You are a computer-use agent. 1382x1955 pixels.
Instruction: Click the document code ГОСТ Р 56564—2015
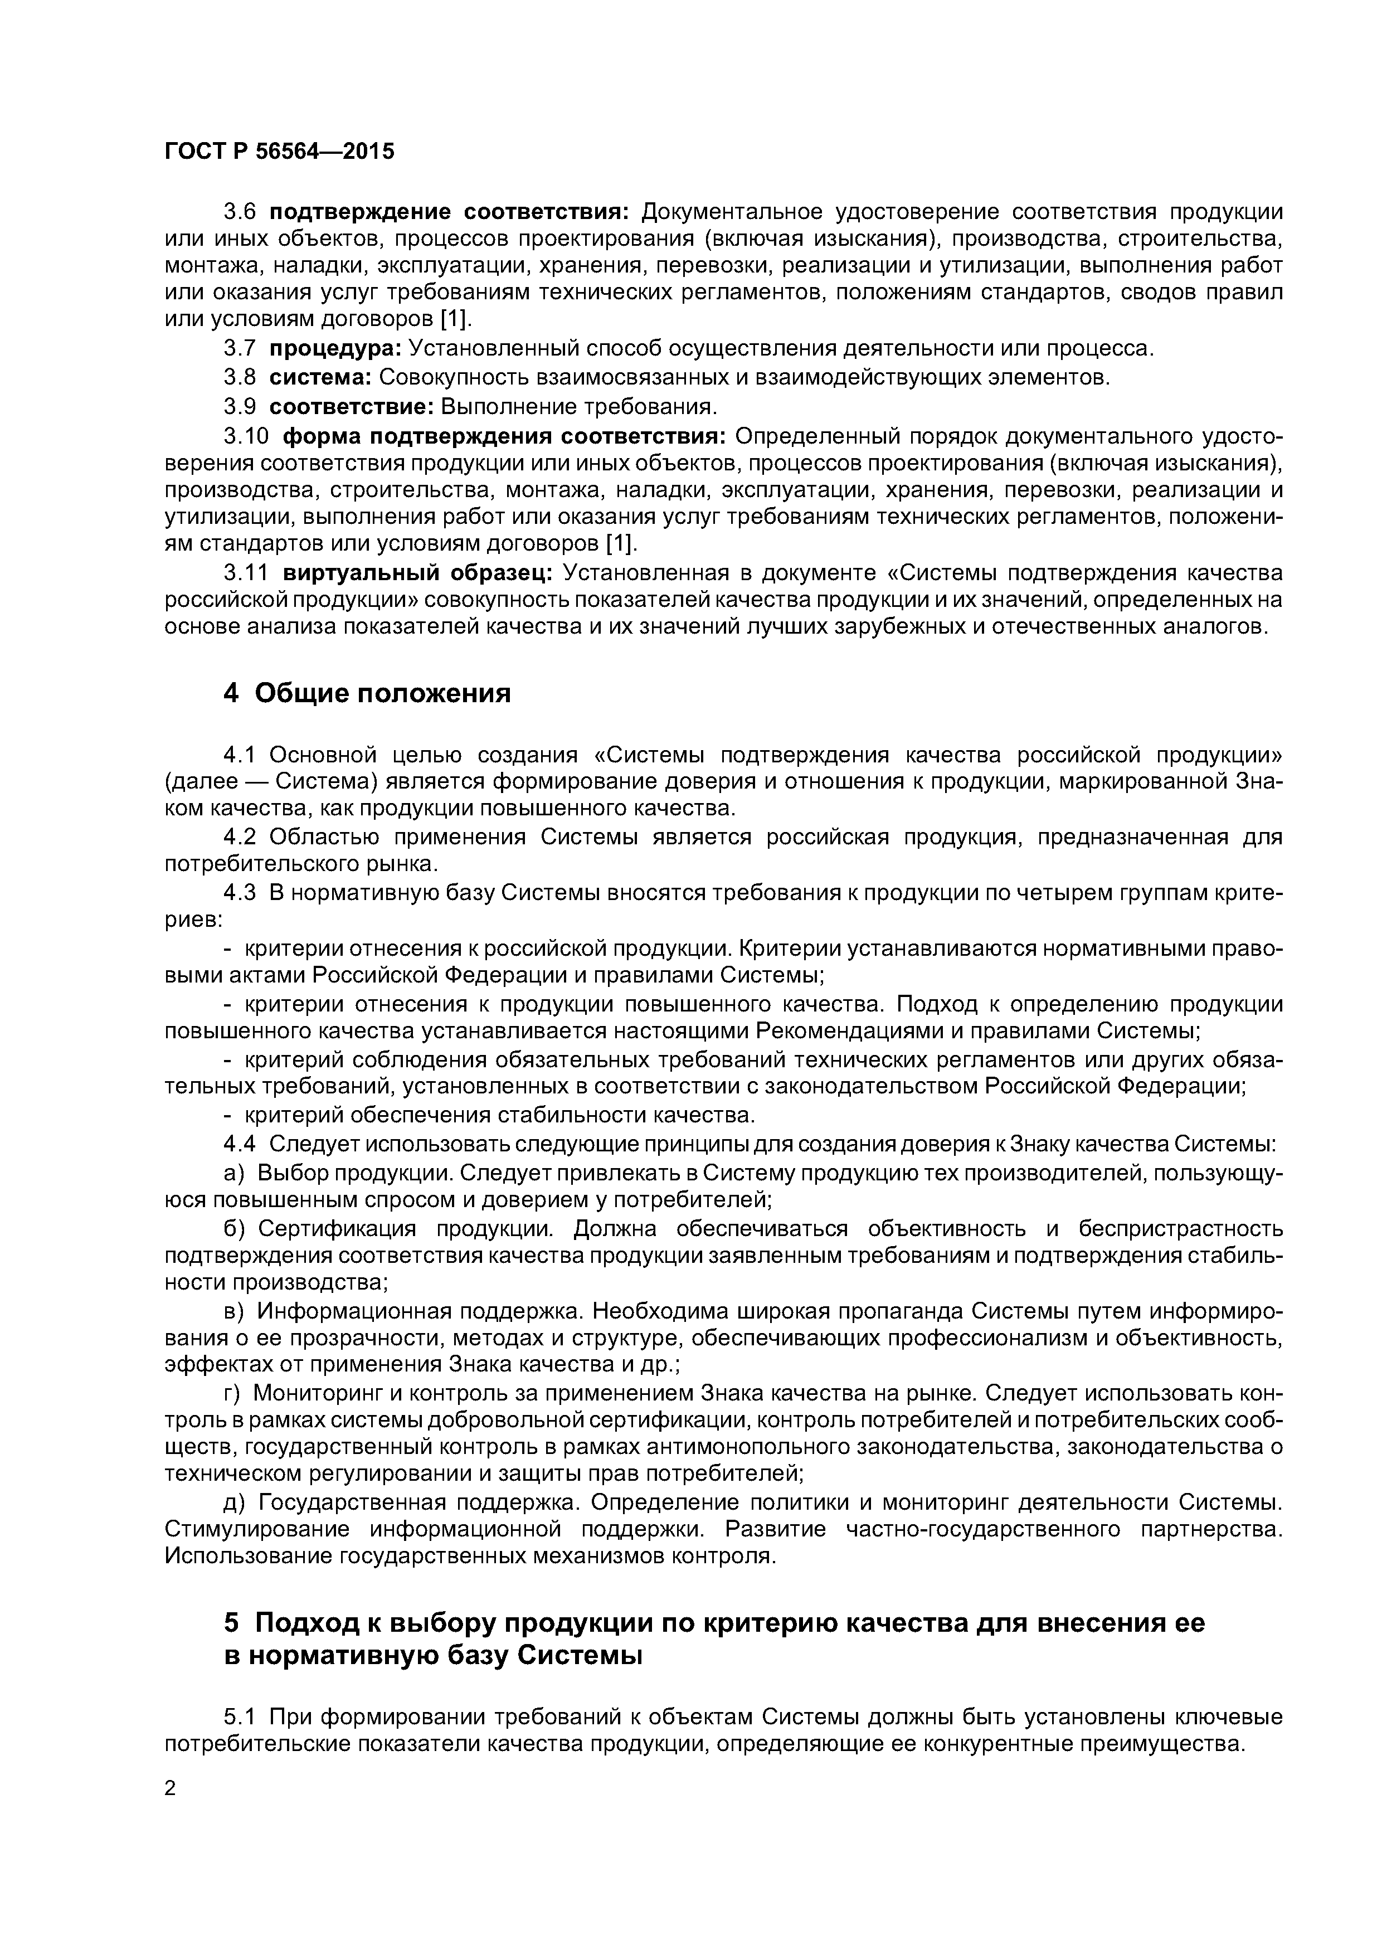coord(279,152)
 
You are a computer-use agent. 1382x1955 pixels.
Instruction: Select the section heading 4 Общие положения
coord(367,694)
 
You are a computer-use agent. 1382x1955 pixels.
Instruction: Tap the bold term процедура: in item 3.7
coord(335,348)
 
